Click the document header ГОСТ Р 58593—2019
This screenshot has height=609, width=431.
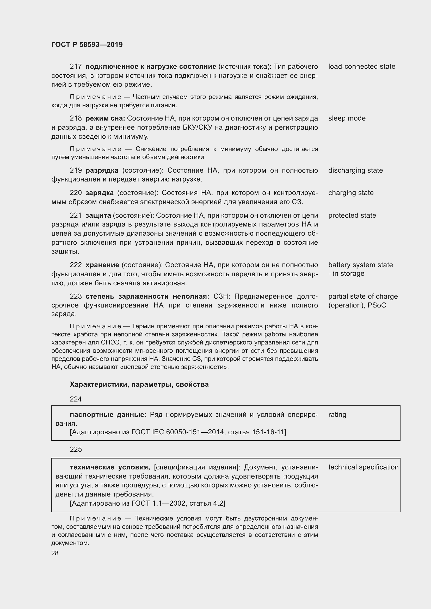point(87,45)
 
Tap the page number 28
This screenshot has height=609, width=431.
point(55,553)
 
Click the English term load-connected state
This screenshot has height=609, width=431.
point(362,66)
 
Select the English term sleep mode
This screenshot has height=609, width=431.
point(347,118)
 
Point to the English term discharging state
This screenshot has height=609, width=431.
point(356,170)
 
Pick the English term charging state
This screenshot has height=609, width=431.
point(351,193)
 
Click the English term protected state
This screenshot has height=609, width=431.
point(352,215)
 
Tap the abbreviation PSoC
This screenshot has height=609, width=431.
point(377,305)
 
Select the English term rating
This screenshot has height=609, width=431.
point(337,415)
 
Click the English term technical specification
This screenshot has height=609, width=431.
point(363,467)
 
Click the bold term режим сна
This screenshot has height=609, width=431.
point(105,118)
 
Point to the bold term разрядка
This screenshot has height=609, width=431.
point(102,170)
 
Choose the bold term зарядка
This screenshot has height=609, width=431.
point(100,193)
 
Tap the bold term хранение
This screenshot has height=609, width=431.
point(102,265)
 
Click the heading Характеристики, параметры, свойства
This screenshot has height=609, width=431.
point(139,384)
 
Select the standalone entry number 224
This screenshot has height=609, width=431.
point(76,399)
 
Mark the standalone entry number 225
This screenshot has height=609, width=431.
point(76,449)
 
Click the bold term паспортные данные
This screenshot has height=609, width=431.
point(108,415)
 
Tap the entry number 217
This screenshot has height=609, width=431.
point(76,66)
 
